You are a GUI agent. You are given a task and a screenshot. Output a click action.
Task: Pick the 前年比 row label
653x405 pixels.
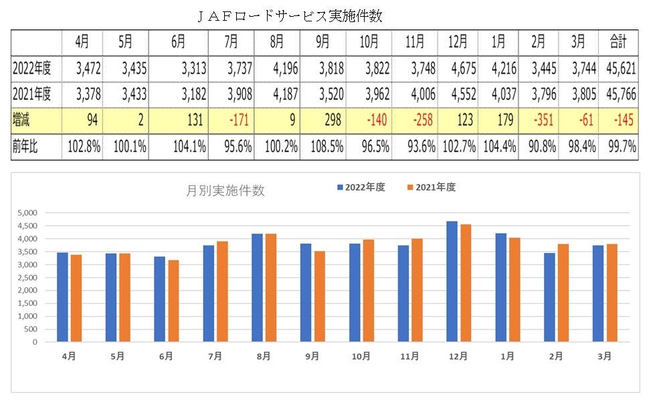coord(25,147)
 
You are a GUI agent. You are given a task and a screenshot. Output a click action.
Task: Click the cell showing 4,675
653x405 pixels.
coord(458,68)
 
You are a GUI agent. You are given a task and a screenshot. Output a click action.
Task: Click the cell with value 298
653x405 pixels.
coord(333,121)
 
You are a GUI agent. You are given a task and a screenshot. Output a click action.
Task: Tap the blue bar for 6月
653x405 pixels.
coord(160,299)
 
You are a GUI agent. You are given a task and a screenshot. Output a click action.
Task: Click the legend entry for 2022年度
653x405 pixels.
coord(361,187)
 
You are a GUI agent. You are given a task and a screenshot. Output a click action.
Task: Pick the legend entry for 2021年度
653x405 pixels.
coord(431,187)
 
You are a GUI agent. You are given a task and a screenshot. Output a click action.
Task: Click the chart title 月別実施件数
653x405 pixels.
coord(225,191)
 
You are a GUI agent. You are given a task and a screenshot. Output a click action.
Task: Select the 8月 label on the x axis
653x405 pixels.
coord(264,357)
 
